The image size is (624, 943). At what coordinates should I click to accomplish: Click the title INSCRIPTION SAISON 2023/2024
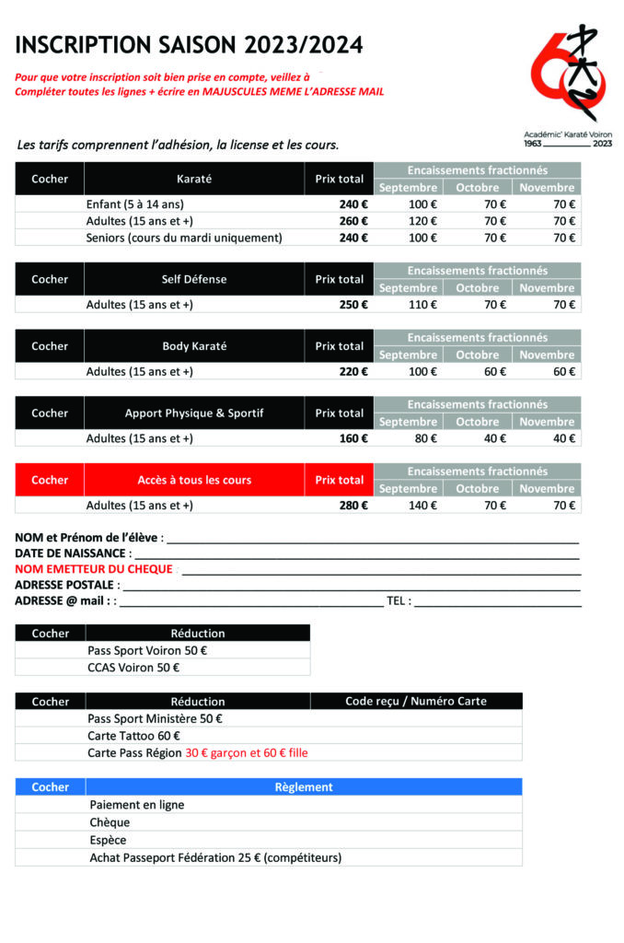[x=189, y=45]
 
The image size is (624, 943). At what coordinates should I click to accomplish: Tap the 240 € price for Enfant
[x=352, y=204]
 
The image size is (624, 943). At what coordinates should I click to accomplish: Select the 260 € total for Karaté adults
[x=352, y=221]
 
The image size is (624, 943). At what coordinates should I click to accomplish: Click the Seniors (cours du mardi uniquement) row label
[x=184, y=238]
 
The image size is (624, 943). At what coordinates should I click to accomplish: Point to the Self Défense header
[x=193, y=279]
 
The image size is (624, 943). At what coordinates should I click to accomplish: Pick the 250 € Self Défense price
[x=352, y=305]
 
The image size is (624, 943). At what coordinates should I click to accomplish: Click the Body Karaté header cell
[x=193, y=346]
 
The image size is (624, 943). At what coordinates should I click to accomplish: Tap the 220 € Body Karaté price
[x=352, y=372]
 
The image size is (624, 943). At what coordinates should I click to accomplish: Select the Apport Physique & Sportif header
[x=193, y=413]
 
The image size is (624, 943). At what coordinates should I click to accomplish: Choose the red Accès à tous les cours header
[x=193, y=480]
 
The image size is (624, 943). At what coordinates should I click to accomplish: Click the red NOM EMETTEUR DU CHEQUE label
[x=93, y=569]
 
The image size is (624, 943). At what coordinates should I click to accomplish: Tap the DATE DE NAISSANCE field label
[x=70, y=553]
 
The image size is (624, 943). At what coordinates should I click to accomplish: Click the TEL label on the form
[x=398, y=601]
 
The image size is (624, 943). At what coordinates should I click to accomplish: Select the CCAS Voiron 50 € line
[x=133, y=668]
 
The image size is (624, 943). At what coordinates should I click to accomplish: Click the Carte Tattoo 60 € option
[x=133, y=736]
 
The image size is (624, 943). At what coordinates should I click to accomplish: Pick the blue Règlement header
[x=303, y=787]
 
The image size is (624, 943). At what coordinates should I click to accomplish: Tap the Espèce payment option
[x=108, y=840]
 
